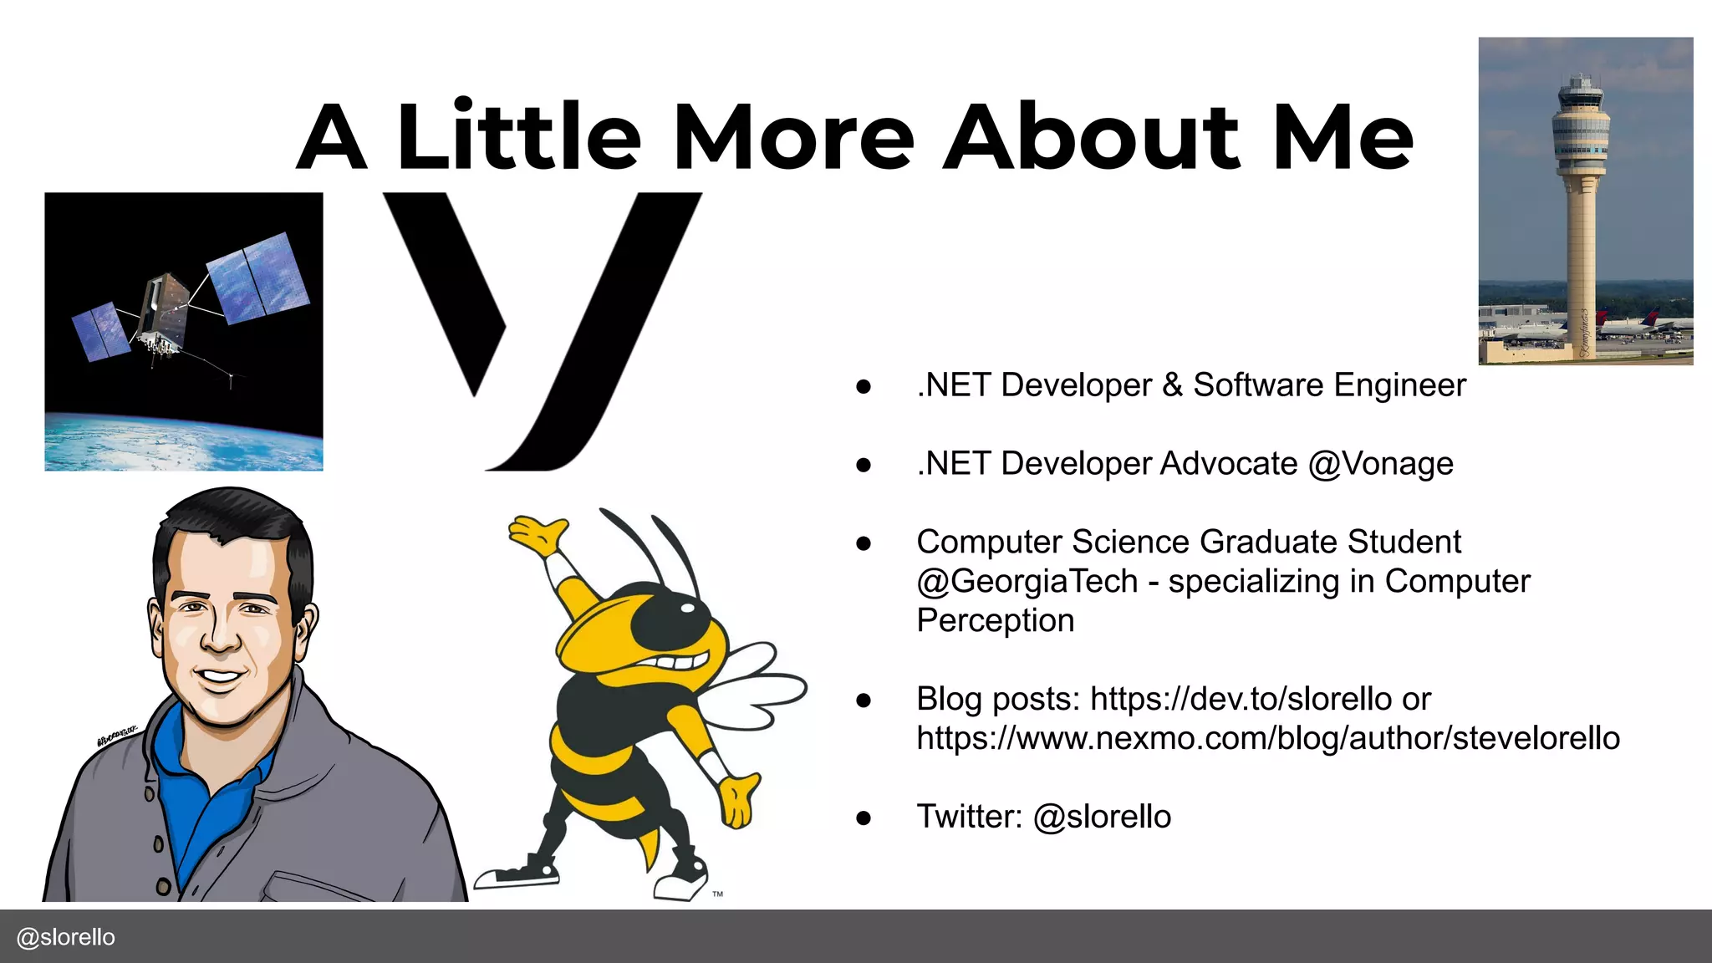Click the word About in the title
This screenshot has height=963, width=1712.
pos(1090,137)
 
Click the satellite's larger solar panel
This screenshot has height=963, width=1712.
pos(257,278)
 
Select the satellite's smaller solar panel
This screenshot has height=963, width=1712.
pos(101,331)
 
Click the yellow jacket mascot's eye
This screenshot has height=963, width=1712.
pos(687,607)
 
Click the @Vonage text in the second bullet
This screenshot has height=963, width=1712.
pos(1380,464)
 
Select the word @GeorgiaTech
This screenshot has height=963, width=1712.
pos(1027,581)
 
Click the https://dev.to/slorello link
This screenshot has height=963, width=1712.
pos(1241,699)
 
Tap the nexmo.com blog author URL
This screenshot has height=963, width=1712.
pos(1267,738)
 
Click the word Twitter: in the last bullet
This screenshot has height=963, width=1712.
pos(969,817)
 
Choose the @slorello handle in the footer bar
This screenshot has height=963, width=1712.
pos(66,937)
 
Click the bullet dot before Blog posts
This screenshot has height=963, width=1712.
pos(864,700)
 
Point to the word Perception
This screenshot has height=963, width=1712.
pos(995,620)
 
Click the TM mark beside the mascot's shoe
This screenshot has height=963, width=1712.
pos(717,894)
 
